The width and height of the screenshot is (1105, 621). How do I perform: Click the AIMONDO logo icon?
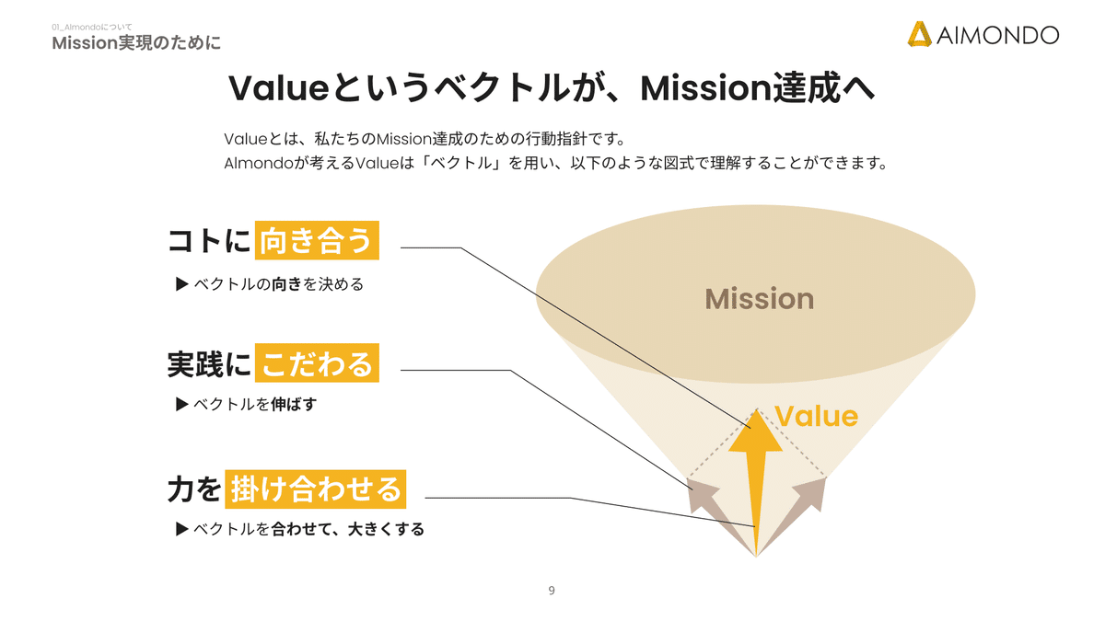(919, 34)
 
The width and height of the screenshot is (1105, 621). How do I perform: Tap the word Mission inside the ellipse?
(759, 299)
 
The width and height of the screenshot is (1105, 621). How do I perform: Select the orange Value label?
(816, 416)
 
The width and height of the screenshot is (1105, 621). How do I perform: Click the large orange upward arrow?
(755, 469)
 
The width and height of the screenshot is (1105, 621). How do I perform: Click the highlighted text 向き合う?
(316, 241)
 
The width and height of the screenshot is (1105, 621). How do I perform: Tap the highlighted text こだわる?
(316, 363)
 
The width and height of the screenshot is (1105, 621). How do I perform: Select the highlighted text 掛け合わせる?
(316, 488)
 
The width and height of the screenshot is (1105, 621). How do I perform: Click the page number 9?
(552, 591)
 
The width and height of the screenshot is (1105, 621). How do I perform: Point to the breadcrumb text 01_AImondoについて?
(92, 28)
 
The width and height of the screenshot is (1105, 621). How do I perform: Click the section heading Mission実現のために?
(136, 43)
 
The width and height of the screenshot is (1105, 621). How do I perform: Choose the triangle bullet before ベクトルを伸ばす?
(181, 404)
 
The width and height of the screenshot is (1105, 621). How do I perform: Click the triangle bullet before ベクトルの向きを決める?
(181, 284)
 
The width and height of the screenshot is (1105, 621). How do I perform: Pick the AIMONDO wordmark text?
(997, 35)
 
